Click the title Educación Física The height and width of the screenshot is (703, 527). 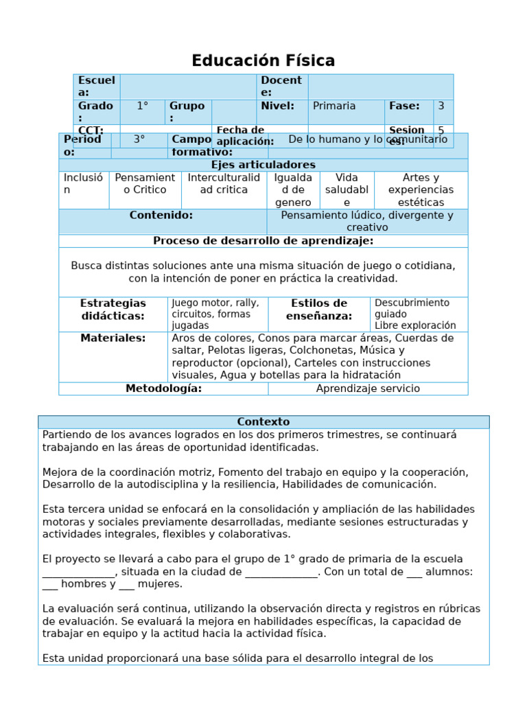pyautogui.click(x=263, y=61)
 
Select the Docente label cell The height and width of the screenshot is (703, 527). pyautogui.click(x=281, y=87)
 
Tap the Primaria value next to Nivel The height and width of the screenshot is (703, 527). pyautogui.click(x=334, y=106)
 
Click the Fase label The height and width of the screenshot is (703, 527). pyautogui.click(x=404, y=106)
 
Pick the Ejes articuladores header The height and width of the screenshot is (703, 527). pyautogui.click(x=263, y=165)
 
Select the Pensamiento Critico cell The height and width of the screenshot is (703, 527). pyautogui.click(x=145, y=183)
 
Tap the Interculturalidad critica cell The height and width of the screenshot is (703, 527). pyautogui.click(x=224, y=183)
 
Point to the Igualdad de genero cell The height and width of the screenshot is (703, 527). pyautogui.click(x=293, y=190)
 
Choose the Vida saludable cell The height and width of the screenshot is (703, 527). pyautogui.click(x=347, y=190)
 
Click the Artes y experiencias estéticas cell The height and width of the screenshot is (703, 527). pyautogui.click(x=421, y=190)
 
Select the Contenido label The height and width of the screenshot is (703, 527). pyautogui.click(x=161, y=216)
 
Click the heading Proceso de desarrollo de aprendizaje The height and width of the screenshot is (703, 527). pyautogui.click(x=263, y=241)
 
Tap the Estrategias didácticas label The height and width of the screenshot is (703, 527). pyautogui.click(x=113, y=310)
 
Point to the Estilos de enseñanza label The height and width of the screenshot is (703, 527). pyautogui.click(x=319, y=310)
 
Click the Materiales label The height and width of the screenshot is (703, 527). pyautogui.click(x=113, y=338)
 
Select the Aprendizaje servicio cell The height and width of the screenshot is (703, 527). pyautogui.click(x=368, y=389)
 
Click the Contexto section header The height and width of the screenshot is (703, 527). pyautogui.click(x=263, y=422)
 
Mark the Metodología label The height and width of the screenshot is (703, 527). pyautogui.click(x=163, y=389)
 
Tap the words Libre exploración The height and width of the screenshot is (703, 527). pyautogui.click(x=415, y=325)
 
